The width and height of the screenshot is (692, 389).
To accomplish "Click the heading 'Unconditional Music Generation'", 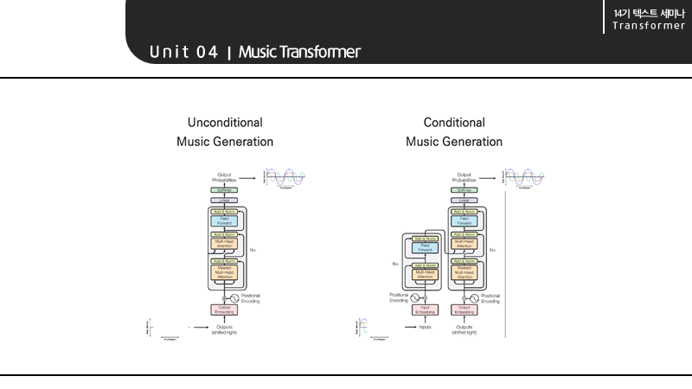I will [x=225, y=132].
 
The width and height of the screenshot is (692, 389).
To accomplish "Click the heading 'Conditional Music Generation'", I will [x=454, y=132].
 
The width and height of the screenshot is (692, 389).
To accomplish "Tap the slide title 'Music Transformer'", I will [x=299, y=53].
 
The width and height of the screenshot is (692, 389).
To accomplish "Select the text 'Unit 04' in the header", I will [x=183, y=53].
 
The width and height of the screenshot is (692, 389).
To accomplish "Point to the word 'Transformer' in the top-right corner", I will [x=649, y=25].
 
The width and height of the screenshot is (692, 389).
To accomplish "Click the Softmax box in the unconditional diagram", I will [x=223, y=189].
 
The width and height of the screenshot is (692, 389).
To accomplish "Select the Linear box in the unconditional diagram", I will [x=223, y=200].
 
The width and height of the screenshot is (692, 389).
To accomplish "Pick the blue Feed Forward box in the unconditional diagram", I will [x=223, y=220].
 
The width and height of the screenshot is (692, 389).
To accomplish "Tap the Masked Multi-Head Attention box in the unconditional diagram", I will [x=223, y=272].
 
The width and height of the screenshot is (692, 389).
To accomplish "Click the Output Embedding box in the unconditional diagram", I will [x=223, y=309].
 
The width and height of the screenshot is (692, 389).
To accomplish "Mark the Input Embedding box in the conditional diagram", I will [x=425, y=309].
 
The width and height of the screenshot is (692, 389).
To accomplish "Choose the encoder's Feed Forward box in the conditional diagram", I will [x=425, y=247].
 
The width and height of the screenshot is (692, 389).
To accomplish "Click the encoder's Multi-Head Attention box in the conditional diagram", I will [x=425, y=274].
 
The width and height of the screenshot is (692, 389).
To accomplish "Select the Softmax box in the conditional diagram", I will [x=464, y=189].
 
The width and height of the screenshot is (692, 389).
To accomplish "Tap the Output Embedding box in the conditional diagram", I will [x=464, y=309].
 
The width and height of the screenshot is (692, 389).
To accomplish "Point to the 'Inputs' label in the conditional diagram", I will [x=425, y=327].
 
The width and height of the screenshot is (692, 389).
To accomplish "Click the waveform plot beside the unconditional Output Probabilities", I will [x=285, y=178].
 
